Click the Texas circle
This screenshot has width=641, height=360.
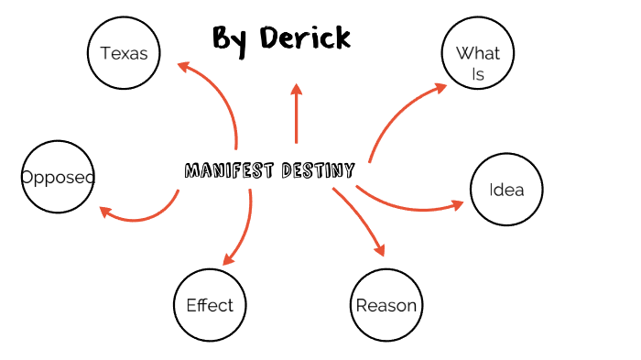(124, 53)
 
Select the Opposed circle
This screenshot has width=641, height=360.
(58, 177)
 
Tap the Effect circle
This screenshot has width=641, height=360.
(210, 305)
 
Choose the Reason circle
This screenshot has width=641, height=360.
(386, 305)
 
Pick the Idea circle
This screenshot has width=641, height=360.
(506, 190)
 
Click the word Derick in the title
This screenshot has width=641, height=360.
(305, 38)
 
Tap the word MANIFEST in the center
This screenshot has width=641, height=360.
(226, 171)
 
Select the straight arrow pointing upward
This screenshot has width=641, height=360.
(296, 115)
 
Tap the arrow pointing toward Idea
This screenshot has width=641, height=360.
(412, 204)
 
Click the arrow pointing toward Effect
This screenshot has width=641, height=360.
(243, 229)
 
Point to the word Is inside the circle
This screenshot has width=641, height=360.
(478, 75)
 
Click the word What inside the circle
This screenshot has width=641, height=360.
(478, 53)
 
